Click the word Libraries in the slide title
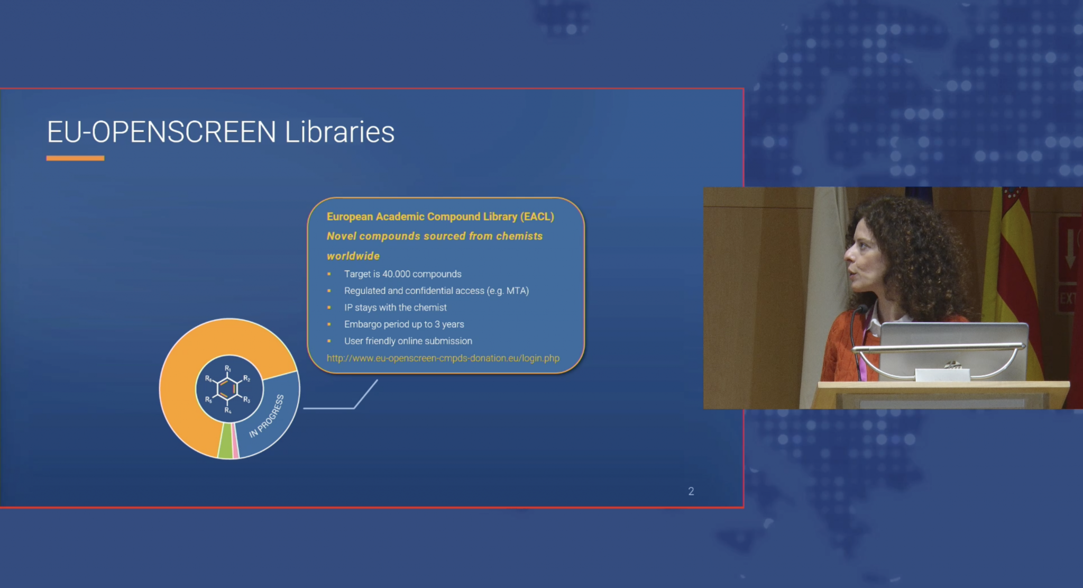tap(339, 132)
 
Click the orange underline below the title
tap(75, 158)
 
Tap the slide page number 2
tap(691, 491)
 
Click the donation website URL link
tap(443, 358)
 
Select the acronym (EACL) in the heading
tap(537, 216)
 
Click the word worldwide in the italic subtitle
tap(353, 256)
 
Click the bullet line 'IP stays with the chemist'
tap(395, 307)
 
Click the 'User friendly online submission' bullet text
tap(408, 341)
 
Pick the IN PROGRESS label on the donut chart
tap(267, 415)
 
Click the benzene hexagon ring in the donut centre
tap(228, 389)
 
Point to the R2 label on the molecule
tap(246, 378)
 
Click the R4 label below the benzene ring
tap(228, 410)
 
